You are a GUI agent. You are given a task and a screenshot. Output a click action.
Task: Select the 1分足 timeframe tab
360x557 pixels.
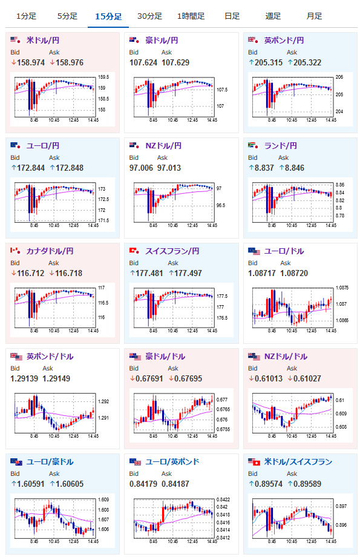(x=26, y=16)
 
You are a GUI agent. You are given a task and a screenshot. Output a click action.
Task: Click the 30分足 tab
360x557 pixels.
(x=149, y=16)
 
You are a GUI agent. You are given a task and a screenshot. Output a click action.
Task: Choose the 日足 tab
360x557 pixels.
(x=232, y=16)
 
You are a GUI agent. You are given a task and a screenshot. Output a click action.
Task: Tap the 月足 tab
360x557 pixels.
(x=314, y=16)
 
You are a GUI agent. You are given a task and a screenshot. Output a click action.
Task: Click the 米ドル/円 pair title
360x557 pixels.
(x=43, y=40)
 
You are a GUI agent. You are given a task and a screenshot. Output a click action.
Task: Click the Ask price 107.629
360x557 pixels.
(x=175, y=62)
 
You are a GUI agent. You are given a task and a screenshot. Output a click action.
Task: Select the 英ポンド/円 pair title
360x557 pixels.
(x=284, y=40)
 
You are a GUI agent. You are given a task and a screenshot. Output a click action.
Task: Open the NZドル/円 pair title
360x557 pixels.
(x=163, y=146)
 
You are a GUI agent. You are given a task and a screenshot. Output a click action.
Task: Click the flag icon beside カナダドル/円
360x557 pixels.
(x=15, y=251)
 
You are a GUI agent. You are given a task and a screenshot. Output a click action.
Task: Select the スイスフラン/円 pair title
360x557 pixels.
(x=172, y=251)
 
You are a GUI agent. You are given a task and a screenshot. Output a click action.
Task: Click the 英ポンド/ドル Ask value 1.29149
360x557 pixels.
(x=56, y=378)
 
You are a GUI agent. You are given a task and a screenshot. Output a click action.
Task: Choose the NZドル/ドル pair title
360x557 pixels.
(x=286, y=356)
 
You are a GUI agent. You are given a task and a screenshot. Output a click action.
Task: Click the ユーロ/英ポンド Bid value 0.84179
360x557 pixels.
(x=143, y=484)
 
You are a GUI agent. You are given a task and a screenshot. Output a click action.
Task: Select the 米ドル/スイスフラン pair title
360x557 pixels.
(x=298, y=462)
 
